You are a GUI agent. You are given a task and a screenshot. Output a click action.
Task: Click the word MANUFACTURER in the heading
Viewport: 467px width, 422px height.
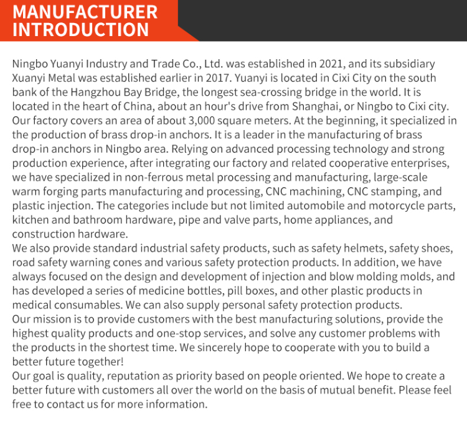[85, 12]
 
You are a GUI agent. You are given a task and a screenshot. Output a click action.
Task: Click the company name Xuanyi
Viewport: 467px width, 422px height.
[29, 78]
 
